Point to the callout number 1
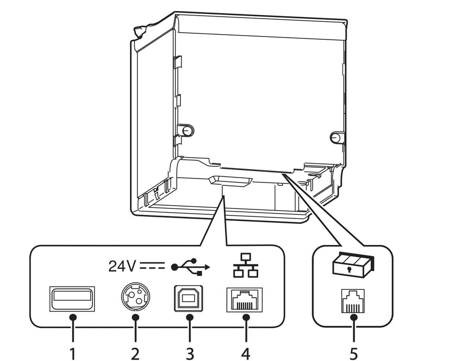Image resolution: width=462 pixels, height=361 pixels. tap(72, 354)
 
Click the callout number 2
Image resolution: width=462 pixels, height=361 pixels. tap(135, 354)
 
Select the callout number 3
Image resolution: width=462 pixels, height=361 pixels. tap(189, 354)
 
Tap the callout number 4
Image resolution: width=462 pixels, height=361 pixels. tap(246, 354)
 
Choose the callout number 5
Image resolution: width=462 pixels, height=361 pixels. tap(354, 354)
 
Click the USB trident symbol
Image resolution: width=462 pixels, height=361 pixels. tap(190, 267)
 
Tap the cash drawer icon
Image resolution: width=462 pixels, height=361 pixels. tap(353, 266)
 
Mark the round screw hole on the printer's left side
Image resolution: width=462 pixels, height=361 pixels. tap(187, 129)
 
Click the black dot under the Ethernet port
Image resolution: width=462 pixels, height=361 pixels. tap(246, 318)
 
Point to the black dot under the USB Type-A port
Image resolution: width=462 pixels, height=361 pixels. tap(72, 318)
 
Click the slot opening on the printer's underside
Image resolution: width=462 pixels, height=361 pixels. tap(230, 181)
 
